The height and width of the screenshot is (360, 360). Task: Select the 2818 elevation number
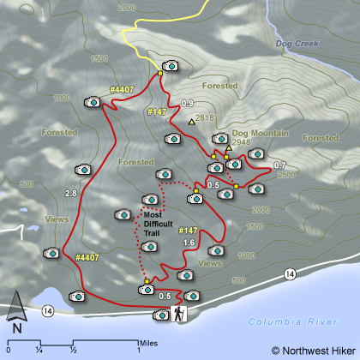(x=205, y=118)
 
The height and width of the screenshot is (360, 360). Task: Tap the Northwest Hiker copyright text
(x=313, y=350)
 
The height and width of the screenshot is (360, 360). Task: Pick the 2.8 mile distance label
(x=70, y=194)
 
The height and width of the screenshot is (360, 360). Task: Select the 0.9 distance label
(x=187, y=104)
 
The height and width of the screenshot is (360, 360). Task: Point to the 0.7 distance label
(x=279, y=165)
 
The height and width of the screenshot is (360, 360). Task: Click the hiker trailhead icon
(x=179, y=313)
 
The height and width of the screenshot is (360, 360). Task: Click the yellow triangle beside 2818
(x=191, y=122)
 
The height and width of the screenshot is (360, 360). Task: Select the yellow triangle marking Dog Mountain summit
(x=229, y=147)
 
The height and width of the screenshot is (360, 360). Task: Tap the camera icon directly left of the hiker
(x=159, y=315)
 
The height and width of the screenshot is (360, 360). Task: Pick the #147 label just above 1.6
(x=189, y=231)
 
